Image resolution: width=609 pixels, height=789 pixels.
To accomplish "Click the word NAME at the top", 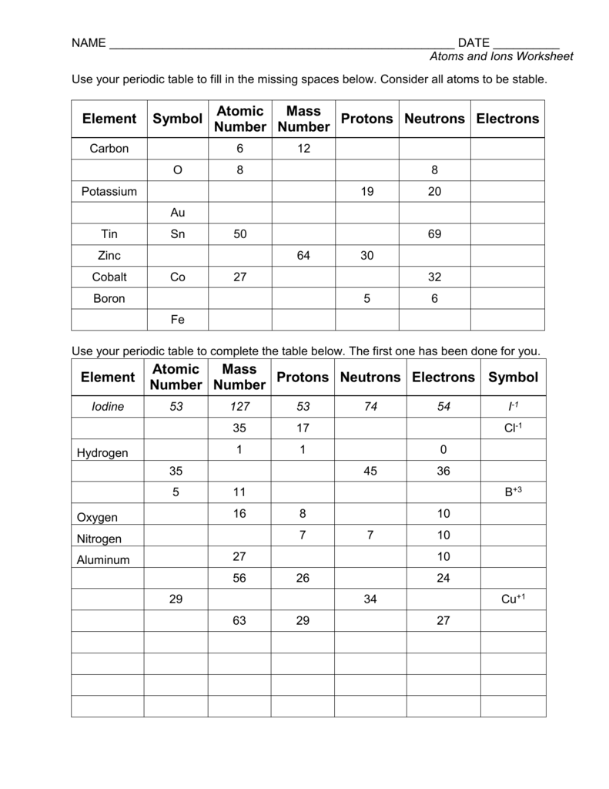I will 89,43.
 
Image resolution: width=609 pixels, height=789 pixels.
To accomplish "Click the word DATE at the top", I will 473,43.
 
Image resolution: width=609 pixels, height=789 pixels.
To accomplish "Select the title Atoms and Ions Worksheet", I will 501,57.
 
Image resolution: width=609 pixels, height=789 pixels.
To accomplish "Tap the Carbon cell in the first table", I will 109,149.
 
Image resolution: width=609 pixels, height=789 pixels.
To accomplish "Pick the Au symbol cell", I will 177,213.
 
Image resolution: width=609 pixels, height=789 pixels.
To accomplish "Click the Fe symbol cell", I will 177,319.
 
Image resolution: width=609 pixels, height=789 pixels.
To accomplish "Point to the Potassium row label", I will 109,191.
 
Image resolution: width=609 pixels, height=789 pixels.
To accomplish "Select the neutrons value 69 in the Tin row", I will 434,234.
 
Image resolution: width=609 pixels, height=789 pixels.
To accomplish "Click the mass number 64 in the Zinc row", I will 303,255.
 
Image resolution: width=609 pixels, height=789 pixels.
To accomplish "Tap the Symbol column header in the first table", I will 177,119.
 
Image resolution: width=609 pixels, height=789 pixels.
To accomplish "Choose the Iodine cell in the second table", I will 108,407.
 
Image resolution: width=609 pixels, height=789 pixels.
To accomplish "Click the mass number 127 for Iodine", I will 239,407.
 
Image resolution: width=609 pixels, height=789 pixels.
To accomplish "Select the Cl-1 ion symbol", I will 513,428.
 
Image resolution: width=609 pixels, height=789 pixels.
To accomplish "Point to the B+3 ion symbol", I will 513,492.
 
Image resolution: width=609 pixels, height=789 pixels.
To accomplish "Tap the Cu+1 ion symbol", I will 513,599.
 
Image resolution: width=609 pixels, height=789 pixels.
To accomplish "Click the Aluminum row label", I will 103,560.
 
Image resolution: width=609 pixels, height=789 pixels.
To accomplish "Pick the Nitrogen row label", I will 99,539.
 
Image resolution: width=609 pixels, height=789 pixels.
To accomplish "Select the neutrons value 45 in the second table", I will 370,471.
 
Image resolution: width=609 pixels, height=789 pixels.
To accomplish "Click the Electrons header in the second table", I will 443,378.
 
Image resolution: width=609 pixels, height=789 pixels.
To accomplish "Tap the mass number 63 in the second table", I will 239,620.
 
